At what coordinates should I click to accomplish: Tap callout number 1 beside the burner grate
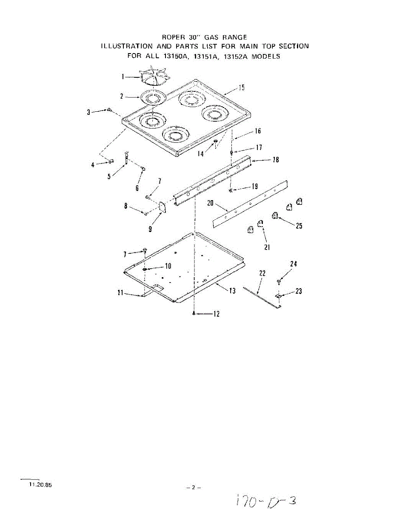coord(123,77)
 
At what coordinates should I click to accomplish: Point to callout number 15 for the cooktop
coord(241,88)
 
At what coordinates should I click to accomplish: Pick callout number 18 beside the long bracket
coord(275,160)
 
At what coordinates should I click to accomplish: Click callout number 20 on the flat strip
coord(210,203)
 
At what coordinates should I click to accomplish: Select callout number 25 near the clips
coord(299,226)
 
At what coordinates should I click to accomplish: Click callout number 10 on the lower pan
coord(168,266)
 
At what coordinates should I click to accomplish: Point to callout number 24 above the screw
coord(294,264)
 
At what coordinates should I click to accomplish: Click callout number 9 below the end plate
coord(150,229)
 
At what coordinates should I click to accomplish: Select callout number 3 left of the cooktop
coord(88,112)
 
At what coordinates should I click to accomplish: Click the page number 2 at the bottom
coord(193,487)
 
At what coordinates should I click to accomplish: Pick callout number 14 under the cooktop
coord(200,154)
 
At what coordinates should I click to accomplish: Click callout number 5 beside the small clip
coord(110,176)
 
